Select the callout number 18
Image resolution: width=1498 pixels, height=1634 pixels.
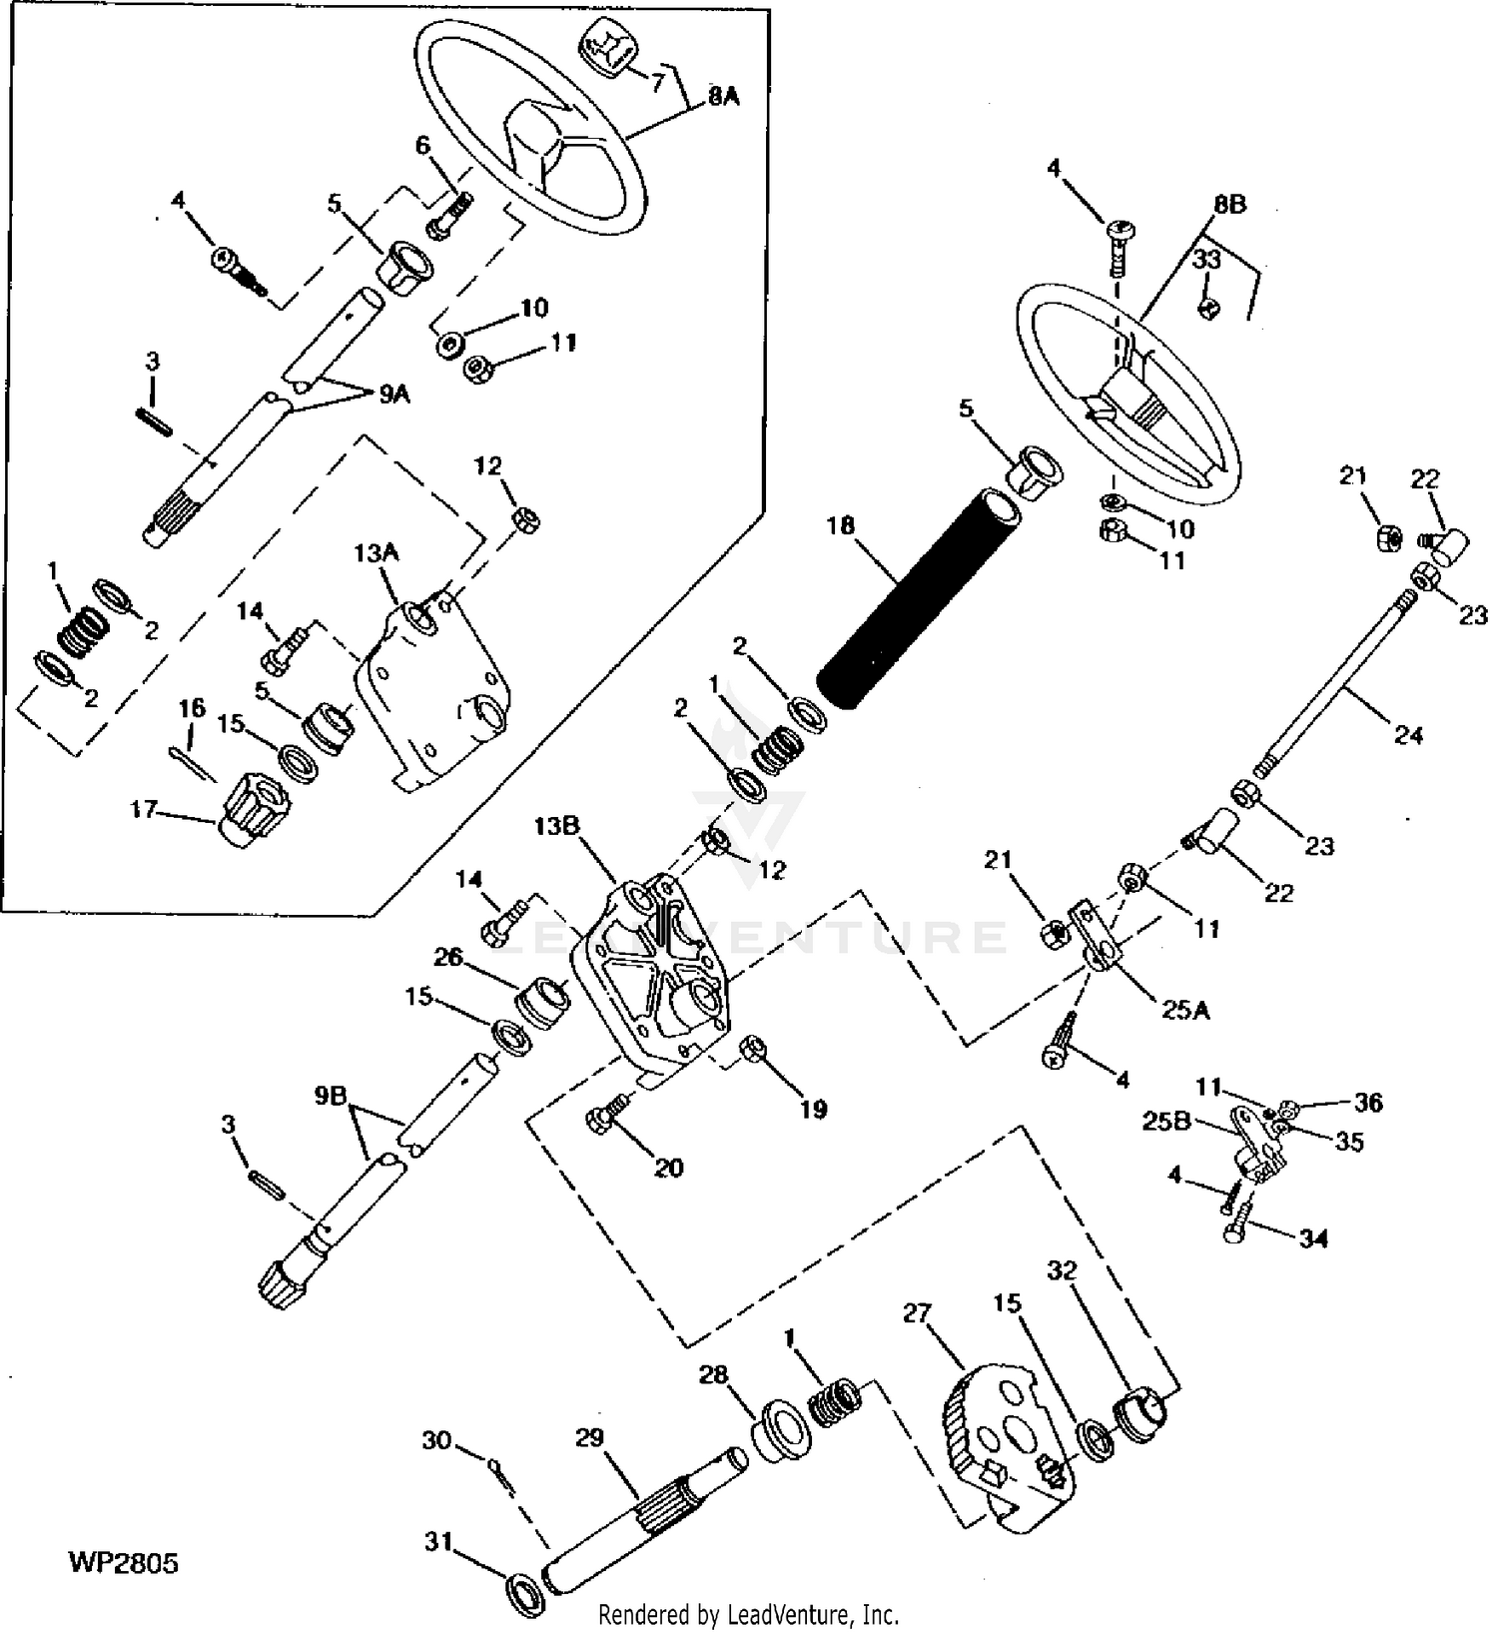point(841,525)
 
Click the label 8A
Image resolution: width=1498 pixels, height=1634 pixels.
point(723,97)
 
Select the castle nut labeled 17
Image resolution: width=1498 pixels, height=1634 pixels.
point(253,810)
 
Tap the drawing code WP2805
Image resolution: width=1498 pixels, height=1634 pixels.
point(123,1561)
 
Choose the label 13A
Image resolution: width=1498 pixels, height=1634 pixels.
point(375,552)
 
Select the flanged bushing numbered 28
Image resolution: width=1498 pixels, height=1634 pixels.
point(782,1432)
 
